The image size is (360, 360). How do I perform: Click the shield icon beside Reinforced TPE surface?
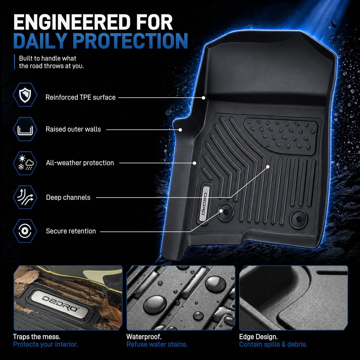25,95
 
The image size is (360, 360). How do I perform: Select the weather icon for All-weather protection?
25,163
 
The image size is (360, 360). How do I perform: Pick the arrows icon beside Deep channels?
25,197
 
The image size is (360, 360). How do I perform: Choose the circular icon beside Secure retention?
25,231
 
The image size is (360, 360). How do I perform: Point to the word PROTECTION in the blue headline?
130,41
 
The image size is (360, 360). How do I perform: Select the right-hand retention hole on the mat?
299,219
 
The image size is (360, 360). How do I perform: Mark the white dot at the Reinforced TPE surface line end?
203,98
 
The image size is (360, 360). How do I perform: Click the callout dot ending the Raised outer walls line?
180,130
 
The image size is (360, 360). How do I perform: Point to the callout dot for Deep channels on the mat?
268,167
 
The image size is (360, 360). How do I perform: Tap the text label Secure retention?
71,231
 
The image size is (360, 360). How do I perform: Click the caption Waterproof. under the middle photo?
144,337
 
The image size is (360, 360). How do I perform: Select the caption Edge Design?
258,337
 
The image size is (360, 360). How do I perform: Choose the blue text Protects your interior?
45,345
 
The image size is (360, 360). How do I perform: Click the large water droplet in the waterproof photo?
155,304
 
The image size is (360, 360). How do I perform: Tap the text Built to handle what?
48,58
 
